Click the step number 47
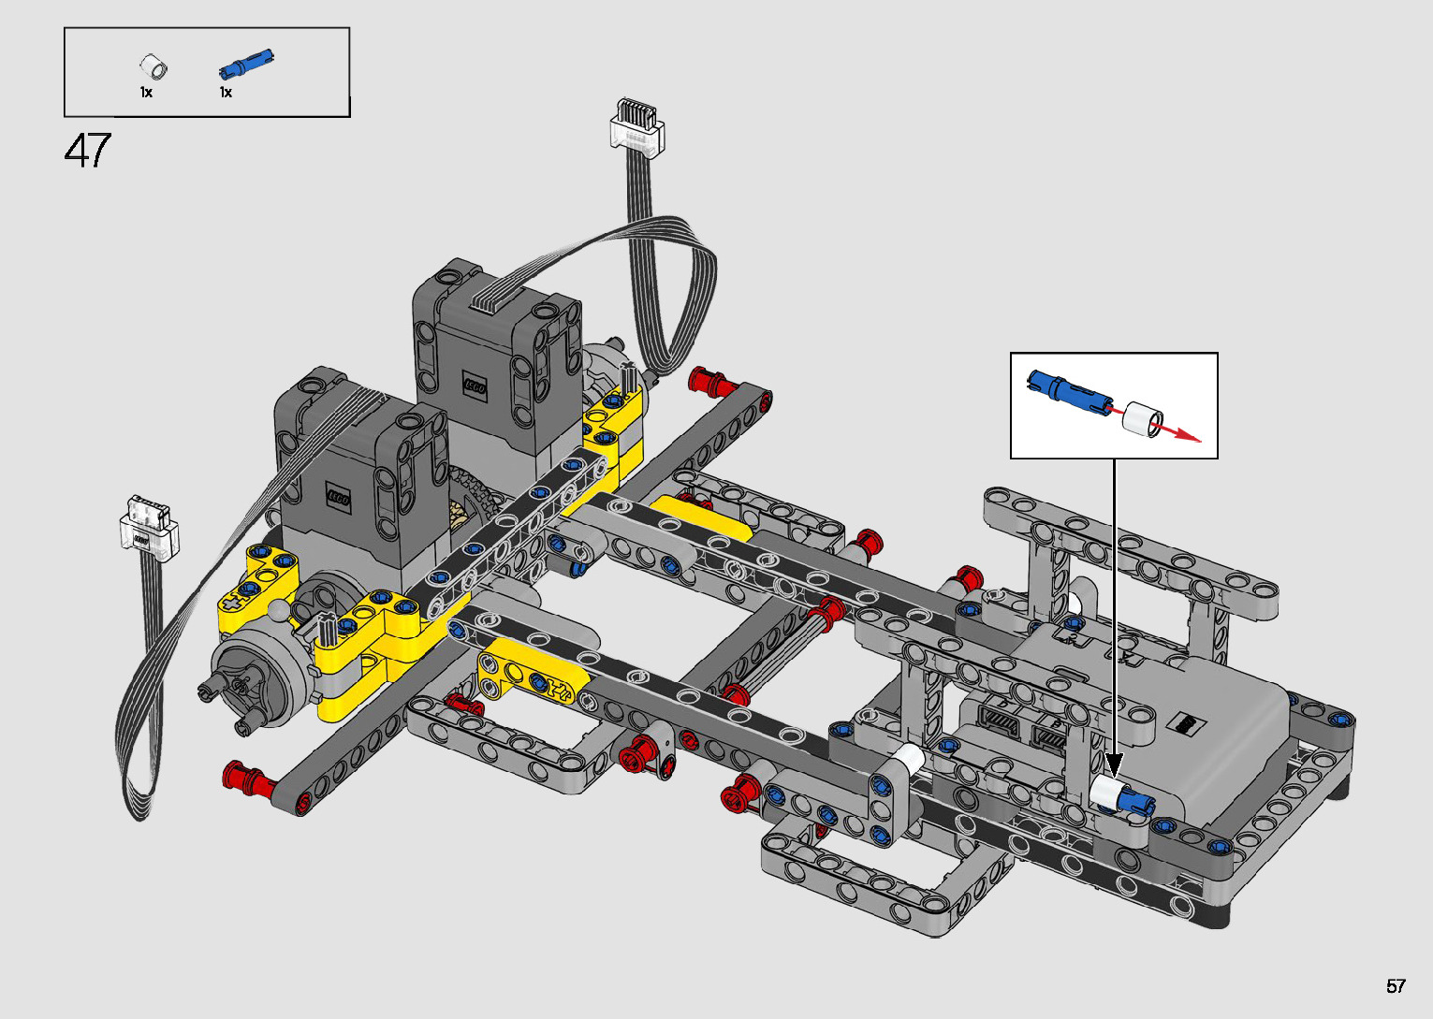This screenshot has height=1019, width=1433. pyautogui.click(x=88, y=151)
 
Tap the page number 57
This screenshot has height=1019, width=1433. pyautogui.click(x=1396, y=985)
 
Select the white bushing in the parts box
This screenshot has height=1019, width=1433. pyautogui.click(x=154, y=66)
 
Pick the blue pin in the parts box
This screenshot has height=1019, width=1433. pyautogui.click(x=246, y=64)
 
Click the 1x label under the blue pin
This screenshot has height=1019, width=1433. pyautogui.click(x=226, y=93)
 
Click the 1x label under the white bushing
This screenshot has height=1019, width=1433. pyautogui.click(x=147, y=93)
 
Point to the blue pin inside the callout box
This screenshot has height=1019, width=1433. pyautogui.click(x=1068, y=392)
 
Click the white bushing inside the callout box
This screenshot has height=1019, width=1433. pyautogui.click(x=1143, y=419)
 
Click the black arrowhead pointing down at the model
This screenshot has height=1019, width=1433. pyautogui.click(x=1114, y=765)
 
